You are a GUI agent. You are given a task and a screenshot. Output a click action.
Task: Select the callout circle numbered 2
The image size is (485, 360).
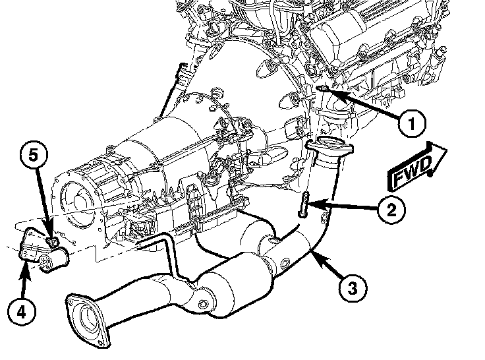point(391,210)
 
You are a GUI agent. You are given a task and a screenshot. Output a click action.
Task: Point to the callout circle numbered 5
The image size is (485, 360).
point(34,156)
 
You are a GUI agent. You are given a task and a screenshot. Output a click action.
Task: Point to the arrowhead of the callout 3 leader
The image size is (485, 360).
point(312,252)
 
